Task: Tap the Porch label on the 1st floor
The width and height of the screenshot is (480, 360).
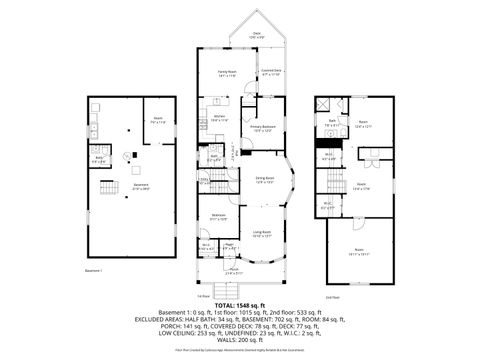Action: coord(232,271)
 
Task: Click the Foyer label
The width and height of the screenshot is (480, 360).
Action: coord(229,243)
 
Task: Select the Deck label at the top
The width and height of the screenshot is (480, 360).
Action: coord(257,35)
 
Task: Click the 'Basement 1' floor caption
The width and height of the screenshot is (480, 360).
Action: coord(94,270)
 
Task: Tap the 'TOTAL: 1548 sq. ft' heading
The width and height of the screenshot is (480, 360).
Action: coord(239,304)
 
